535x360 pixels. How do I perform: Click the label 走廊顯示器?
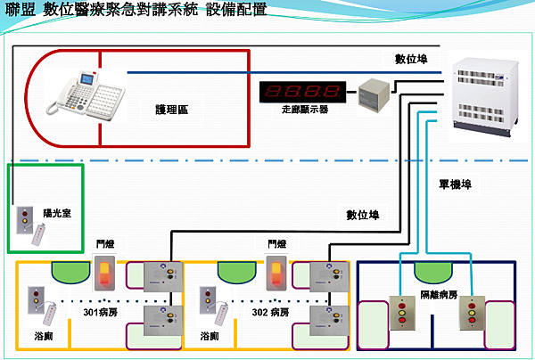coord(304,110)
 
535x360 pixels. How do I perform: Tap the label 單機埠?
coord(455,183)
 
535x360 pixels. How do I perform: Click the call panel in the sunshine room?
coord(24,219)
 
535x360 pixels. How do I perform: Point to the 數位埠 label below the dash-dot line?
coord(363,215)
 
